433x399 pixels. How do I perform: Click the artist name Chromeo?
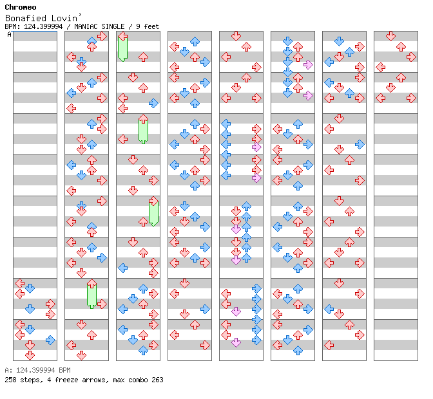click(21, 7)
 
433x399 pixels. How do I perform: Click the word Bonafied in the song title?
click(26, 18)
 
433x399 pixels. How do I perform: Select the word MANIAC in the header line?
click(86, 26)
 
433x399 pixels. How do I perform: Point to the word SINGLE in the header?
click(113, 26)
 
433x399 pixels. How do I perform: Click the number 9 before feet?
click(138, 26)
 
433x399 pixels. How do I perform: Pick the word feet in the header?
click(151, 26)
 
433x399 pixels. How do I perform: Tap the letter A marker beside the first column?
click(10, 34)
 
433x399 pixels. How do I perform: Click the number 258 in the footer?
click(10, 380)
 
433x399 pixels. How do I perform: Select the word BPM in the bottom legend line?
click(64, 370)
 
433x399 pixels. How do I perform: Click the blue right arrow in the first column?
click(50, 340)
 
